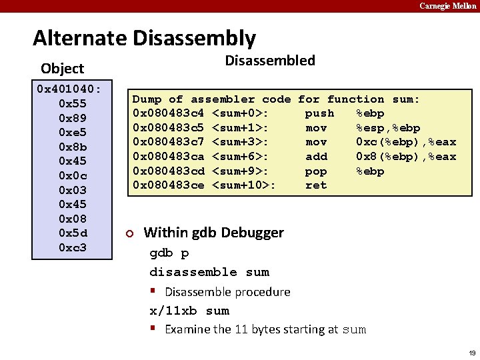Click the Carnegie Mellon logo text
pos(447,6)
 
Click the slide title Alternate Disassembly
pos(144,38)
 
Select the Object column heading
pos(62,68)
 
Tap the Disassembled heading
pos(269,61)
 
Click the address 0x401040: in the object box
pos(69,89)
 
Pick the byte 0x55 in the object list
pos(73,103)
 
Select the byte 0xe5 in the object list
pos(73,132)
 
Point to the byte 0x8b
pos(73,147)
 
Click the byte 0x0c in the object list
pos(73,175)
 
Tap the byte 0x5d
pos(73,233)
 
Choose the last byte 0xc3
pos(73,248)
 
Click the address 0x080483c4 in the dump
pos(169,113)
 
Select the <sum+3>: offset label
pos(241,142)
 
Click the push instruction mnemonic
pos(319,113)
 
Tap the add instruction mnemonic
pos(316,157)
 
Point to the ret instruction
pos(316,185)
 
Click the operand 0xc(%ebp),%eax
pos(406,142)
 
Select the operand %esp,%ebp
pos(388,128)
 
